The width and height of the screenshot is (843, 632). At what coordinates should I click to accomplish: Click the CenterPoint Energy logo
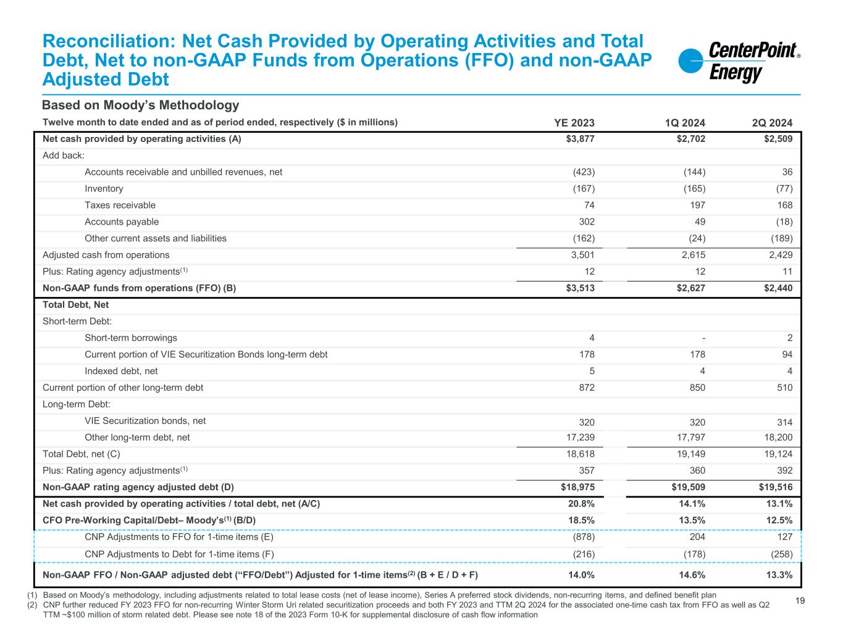739,62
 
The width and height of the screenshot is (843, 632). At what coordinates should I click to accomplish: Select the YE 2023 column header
574,123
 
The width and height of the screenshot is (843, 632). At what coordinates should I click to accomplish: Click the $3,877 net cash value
580,139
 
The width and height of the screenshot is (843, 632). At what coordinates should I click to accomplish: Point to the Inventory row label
104,189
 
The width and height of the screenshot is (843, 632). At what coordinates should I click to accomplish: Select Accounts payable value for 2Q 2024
784,222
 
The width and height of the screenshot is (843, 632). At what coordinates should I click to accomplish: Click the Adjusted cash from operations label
106,255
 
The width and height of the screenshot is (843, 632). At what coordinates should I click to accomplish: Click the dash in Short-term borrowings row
703,338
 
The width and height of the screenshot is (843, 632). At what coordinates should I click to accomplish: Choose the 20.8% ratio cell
581,504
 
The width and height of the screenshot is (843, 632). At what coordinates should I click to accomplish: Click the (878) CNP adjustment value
584,538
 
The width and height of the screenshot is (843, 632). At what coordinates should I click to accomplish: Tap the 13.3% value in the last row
779,576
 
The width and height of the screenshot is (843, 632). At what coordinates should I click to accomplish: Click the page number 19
800,599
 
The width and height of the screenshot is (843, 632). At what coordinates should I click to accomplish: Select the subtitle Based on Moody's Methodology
140,106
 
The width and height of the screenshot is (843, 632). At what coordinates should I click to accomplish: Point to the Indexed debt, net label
121,372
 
